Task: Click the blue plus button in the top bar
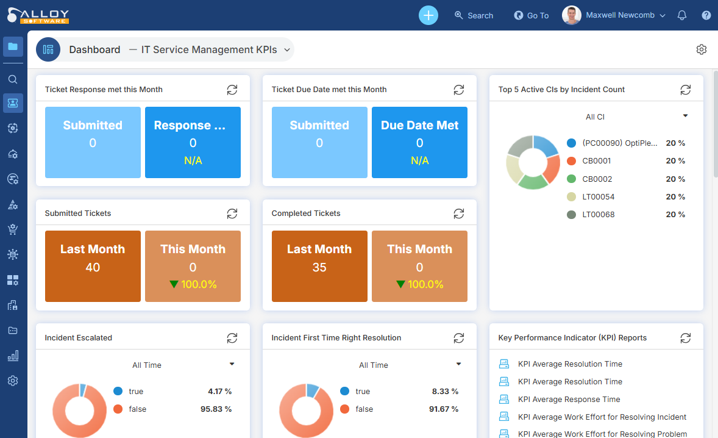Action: tap(428, 15)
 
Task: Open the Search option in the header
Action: tap(474, 15)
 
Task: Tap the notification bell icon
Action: tap(682, 15)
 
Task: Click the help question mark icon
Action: tap(706, 15)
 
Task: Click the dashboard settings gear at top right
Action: tap(702, 49)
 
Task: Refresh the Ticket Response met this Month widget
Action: tap(232, 90)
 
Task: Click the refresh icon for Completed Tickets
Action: tap(459, 214)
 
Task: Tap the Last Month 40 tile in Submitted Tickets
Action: tap(93, 266)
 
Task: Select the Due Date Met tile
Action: tap(419, 142)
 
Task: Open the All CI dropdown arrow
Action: tap(685, 116)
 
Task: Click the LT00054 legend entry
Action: tap(598, 197)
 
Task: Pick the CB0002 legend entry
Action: tap(597, 179)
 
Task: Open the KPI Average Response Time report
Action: tap(569, 400)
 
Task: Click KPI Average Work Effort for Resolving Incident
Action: tap(602, 417)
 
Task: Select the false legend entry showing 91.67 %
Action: tap(364, 409)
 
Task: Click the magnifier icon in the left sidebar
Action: tap(13, 79)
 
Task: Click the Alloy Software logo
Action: tap(38, 15)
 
